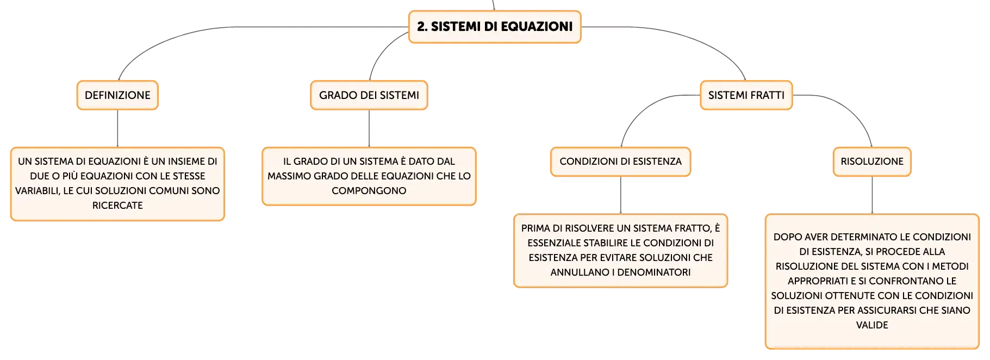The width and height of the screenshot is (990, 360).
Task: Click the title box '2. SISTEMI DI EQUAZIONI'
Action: (495, 27)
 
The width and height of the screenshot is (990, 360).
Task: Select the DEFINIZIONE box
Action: (117, 95)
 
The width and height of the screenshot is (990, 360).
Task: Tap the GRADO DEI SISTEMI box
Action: (369, 95)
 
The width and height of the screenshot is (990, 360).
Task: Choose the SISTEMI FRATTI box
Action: (746, 95)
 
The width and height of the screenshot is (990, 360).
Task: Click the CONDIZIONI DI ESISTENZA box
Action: (620, 162)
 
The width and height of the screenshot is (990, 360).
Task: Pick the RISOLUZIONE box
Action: (872, 162)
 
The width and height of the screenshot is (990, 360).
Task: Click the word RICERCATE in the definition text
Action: (117, 206)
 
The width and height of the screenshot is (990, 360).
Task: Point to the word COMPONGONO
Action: (369, 191)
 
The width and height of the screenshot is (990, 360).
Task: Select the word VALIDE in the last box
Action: (872, 325)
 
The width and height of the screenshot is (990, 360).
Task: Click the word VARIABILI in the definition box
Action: (38, 191)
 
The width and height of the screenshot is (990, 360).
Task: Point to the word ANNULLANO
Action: (576, 272)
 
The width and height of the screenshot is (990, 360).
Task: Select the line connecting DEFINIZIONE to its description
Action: (117, 128)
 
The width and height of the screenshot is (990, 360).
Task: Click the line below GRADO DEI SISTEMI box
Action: (369, 128)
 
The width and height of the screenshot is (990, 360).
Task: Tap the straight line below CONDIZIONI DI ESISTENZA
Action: (620, 195)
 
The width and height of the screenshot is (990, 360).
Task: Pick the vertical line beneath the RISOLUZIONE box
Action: (872, 195)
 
